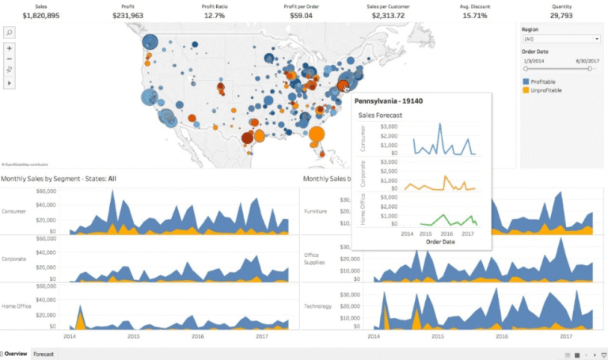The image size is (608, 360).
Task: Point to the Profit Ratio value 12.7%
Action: (x=214, y=14)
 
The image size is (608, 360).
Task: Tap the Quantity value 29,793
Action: (x=561, y=14)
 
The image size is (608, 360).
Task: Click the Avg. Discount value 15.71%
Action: (x=474, y=14)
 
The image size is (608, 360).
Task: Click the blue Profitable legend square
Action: (x=526, y=81)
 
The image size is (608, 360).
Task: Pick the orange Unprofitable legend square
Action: (x=526, y=90)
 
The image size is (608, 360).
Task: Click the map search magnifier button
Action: (x=9, y=32)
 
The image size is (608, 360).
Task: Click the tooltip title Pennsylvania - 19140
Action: (x=388, y=101)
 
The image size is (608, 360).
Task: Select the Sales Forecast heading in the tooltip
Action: (x=380, y=116)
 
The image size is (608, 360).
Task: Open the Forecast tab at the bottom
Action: (x=44, y=354)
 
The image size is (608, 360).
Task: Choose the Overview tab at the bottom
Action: (x=16, y=354)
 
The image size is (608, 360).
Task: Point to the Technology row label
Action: (x=317, y=306)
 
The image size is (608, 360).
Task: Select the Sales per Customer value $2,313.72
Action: (x=388, y=14)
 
